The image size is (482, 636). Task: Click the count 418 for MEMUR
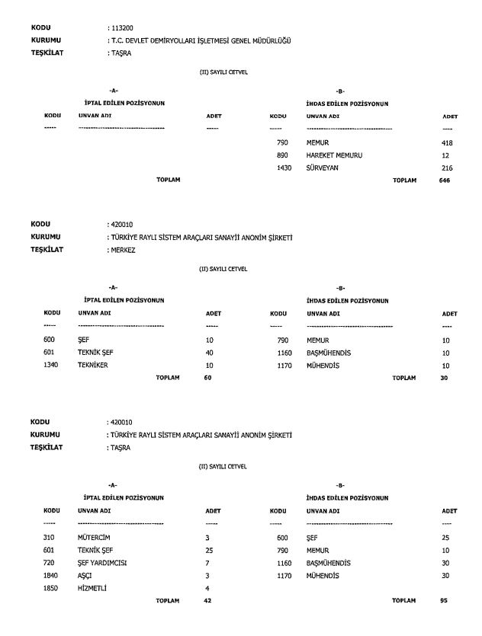coord(448,142)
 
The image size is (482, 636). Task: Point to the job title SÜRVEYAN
coord(324,167)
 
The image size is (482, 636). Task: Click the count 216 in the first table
coord(448,167)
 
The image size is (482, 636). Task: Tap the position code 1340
coord(52,365)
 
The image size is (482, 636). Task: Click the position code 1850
coord(52,587)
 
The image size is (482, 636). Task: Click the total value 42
coord(208,600)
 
